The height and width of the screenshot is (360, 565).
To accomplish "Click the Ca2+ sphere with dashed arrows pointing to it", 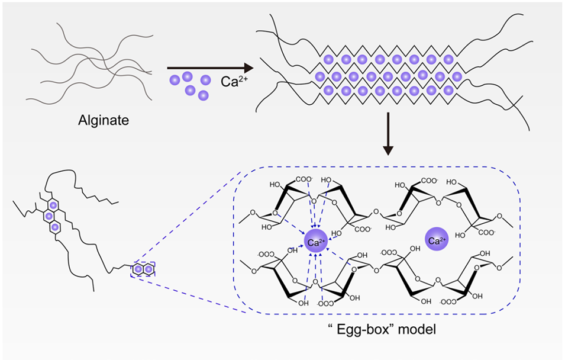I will pos(315,242).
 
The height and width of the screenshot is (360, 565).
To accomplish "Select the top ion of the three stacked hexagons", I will pos(54,204).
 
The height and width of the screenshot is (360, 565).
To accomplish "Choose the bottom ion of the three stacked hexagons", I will pos(55,227).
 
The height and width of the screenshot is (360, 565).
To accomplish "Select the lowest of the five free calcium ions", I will pos(203,95).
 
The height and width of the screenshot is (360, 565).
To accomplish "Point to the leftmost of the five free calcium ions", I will pos(173,80).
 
